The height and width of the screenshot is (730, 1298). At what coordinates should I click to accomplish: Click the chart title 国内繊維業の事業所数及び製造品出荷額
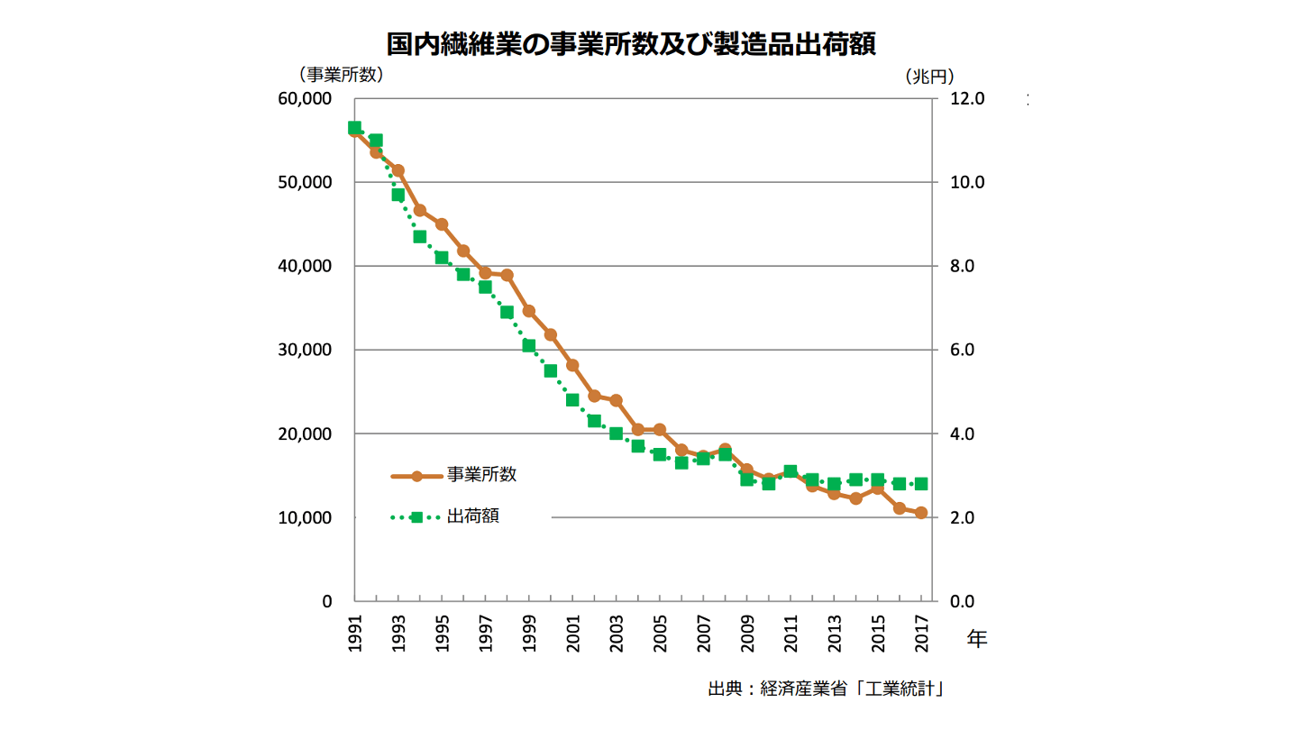click(631, 44)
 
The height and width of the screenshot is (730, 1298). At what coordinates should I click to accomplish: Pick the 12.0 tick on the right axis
click(967, 98)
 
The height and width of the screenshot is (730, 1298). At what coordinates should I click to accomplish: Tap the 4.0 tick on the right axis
click(967, 433)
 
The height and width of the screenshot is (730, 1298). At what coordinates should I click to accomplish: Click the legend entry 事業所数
click(481, 475)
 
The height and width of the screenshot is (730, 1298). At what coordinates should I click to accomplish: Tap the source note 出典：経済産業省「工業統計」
click(825, 689)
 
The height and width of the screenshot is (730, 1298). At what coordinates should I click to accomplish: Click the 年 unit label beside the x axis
click(977, 639)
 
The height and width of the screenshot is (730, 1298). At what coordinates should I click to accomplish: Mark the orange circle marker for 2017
click(920, 513)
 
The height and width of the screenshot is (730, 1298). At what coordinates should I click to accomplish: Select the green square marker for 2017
click(920, 484)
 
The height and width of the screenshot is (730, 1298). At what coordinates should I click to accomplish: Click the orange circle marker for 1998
click(507, 275)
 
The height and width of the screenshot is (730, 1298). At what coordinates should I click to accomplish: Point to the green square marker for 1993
click(398, 195)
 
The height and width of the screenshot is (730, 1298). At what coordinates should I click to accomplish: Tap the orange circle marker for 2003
click(616, 400)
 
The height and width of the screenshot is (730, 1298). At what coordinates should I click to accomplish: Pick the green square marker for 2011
click(791, 471)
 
